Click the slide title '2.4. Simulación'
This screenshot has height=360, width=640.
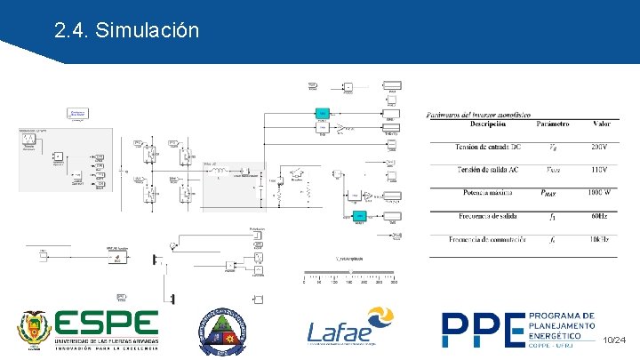pos(125,31)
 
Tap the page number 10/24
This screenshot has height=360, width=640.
pos(614,341)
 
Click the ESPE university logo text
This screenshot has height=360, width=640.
pos(106,324)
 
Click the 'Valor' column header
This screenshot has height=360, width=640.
pos(601,125)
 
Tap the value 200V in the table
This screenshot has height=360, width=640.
pos(599,147)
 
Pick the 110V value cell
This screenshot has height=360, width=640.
pos(599,170)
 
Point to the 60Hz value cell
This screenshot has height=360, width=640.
pos(599,216)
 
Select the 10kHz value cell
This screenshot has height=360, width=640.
pos(599,239)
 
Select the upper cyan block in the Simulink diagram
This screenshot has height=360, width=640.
pos(322,113)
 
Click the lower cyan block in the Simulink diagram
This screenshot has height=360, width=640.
pos(360,217)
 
